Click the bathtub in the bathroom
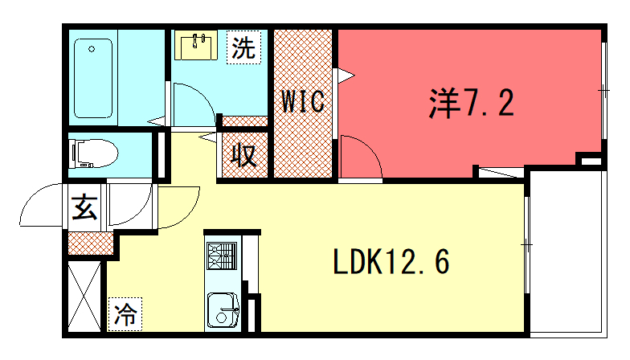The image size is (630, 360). click(93, 79)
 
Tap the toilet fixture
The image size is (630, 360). click(93, 154)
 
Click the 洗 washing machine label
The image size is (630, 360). click(244, 47)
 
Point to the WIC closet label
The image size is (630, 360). click(303, 101)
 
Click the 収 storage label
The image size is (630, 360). click(244, 155)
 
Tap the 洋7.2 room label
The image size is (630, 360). click(471, 103)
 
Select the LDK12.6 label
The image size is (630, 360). click(391, 262)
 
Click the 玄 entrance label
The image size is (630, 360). click(85, 207)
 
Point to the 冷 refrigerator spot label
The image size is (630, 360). click(125, 315)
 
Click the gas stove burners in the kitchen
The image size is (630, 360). click(222, 256)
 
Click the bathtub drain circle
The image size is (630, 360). click(92, 50)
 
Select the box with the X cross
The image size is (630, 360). click(84, 296)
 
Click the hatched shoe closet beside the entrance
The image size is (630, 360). click(91, 243)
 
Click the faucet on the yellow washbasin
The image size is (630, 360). click(198, 40)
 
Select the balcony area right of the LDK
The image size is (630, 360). click(567, 252)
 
